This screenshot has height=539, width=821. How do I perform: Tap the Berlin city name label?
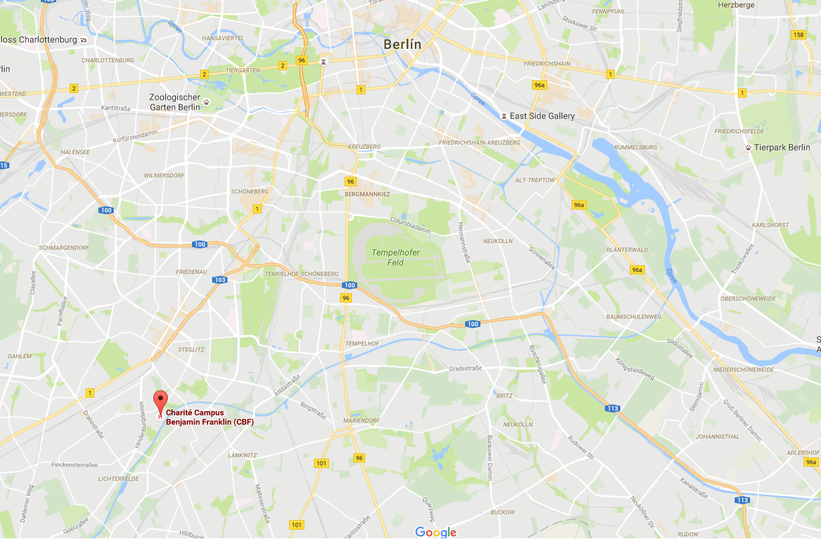(x=402, y=44)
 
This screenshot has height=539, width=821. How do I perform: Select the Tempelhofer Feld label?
(x=388, y=257)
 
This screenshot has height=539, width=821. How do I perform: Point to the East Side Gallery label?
(x=542, y=116)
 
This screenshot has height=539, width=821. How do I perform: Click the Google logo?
(x=436, y=532)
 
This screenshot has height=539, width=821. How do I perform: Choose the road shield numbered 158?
(x=798, y=35)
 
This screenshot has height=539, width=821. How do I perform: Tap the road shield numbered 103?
(x=220, y=280)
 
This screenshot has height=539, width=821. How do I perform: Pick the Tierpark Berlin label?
(x=782, y=147)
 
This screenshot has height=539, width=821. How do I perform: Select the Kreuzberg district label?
(x=364, y=147)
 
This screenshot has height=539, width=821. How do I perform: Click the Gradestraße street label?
(x=466, y=369)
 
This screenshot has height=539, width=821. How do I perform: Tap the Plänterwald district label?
(x=627, y=250)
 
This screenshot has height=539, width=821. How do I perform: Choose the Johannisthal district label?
(x=717, y=437)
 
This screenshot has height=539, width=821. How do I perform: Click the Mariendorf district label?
(x=362, y=420)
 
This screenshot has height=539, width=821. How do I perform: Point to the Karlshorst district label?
(x=771, y=225)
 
